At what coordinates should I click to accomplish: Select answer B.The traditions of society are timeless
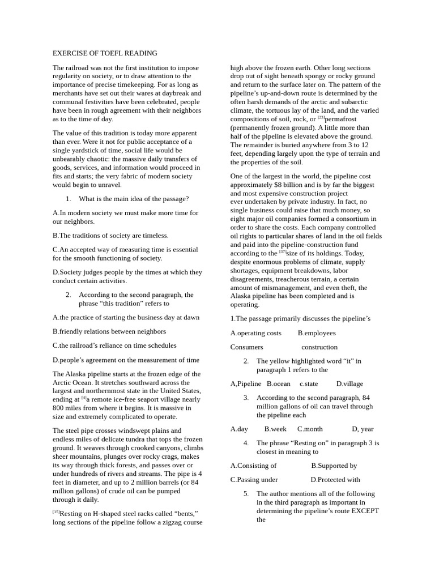pos(110,235)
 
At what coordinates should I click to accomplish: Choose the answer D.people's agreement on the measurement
pos(126,360)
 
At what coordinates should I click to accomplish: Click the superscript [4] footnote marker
pos(84,398)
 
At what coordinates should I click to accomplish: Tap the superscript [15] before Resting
pos(56,512)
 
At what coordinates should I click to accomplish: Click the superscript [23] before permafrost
pos(321,117)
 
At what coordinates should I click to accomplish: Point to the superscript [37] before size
pos(283,251)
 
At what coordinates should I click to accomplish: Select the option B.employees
pos(317,333)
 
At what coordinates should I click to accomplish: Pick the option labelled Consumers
pos(246,347)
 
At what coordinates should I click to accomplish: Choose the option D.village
pos(349,383)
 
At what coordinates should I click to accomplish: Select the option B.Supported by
pos(334,466)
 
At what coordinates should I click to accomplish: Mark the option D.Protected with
pos(335,480)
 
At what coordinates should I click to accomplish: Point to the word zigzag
pos(166,522)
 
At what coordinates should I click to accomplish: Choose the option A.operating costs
pos(256,333)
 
